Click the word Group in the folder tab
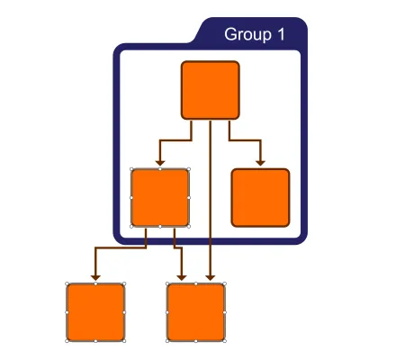[247, 35]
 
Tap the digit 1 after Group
[281, 34]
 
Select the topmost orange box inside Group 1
[211, 90]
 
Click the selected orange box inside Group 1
[160, 198]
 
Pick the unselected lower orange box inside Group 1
[260, 198]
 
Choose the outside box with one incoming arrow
[95, 312]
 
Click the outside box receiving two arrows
[195, 312]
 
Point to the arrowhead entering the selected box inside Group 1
[160, 163]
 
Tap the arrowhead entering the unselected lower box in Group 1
[260, 163]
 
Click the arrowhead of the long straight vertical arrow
[211, 278]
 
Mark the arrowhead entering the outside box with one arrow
[95, 278]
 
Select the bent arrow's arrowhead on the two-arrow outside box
[182, 278]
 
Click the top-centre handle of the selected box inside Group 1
[160, 169]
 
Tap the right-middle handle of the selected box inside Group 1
[189, 198]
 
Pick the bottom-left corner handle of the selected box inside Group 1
[131, 227]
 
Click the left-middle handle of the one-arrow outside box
[67, 312]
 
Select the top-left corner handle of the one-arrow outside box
[67, 283]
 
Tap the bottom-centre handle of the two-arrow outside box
[195, 341]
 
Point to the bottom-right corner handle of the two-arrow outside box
[224, 341]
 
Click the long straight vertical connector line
[211, 198]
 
